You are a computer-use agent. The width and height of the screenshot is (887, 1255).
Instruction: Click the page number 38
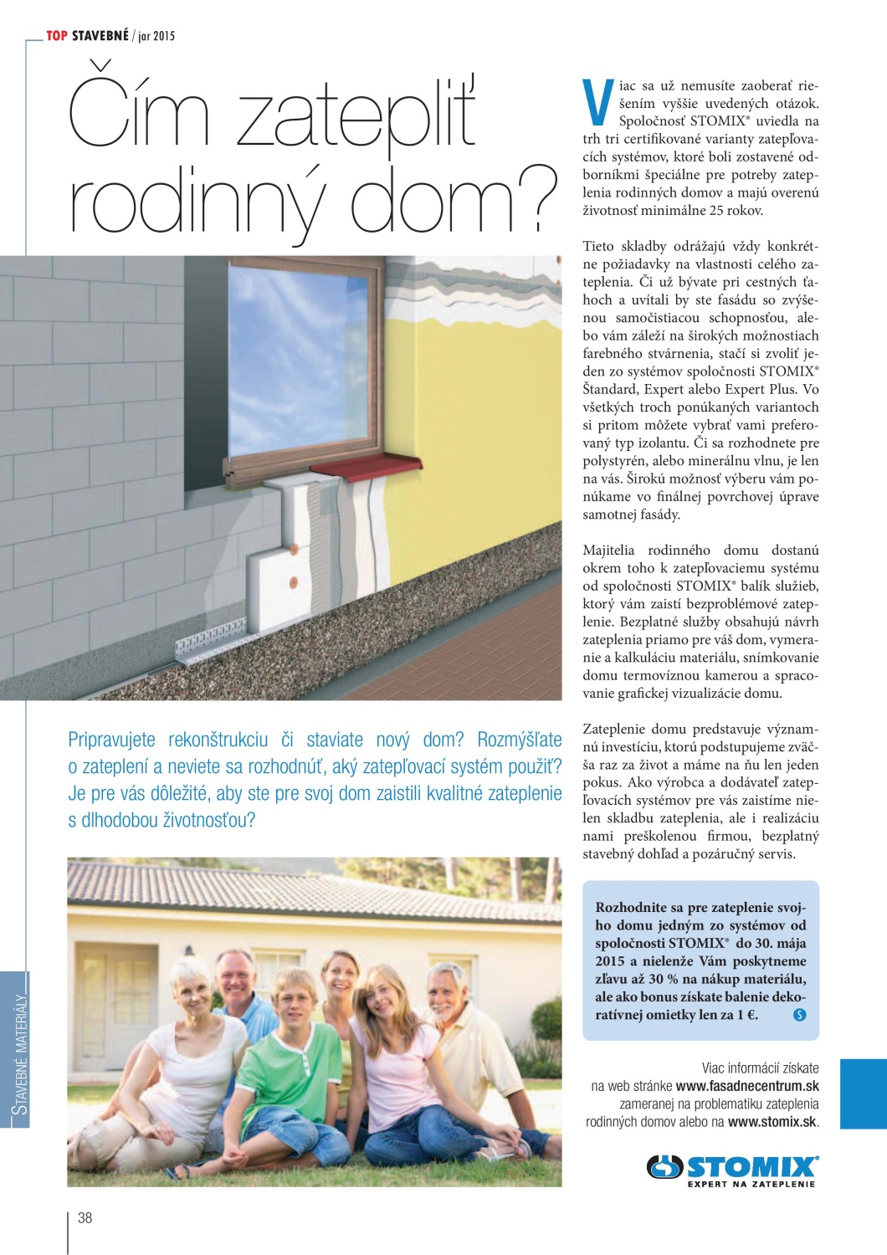tap(85, 1218)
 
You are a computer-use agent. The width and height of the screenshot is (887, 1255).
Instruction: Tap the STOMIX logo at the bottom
tap(732, 1167)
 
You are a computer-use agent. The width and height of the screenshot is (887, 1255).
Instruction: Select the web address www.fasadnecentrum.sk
tap(746, 1086)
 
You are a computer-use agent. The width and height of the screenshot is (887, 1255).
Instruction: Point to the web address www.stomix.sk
tap(772, 1122)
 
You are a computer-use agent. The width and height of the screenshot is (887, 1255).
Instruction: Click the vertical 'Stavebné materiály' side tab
tap(18, 1050)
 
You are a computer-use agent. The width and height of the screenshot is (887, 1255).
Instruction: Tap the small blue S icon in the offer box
tap(799, 1015)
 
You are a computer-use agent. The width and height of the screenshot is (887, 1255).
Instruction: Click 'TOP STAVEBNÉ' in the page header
tap(87, 36)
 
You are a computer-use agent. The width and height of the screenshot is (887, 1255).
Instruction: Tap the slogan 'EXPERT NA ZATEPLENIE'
tap(751, 1185)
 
